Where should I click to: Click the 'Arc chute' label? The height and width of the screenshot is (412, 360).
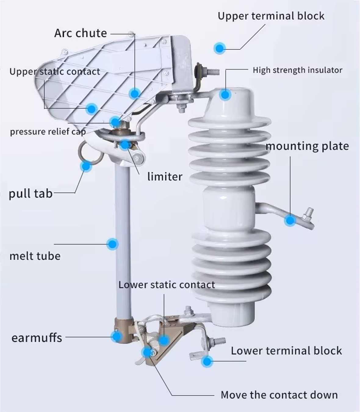pos(81,33)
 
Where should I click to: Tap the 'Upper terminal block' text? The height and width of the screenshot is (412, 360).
pos(271,16)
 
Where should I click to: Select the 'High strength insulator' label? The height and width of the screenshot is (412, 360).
pos(297,70)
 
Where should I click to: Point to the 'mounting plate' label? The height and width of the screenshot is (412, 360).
pos(307,146)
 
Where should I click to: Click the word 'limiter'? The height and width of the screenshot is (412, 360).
pos(165,176)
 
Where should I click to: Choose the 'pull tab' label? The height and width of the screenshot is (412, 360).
pos(31,193)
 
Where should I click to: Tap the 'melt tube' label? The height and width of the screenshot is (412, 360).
pos(35,256)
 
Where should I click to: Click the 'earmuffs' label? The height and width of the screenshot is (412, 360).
pos(37,338)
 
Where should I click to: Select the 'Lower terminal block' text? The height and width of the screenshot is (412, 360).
pos(286,351)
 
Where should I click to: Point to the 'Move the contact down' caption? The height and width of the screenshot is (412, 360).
pos(279,395)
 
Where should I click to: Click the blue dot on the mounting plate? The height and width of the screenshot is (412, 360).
pos(290,220)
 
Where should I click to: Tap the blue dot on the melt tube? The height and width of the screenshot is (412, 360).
pos(113,244)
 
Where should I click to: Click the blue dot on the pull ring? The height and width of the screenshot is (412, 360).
pos(86,166)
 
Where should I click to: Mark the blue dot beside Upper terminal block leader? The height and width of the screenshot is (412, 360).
pos(219,48)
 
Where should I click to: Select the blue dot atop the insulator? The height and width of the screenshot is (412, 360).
pos(225,95)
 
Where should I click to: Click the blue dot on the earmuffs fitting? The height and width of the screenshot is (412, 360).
pos(116,337)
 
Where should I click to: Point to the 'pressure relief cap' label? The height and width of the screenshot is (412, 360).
pos(48,132)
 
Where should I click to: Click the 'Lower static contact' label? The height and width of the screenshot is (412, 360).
pos(167,285)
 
